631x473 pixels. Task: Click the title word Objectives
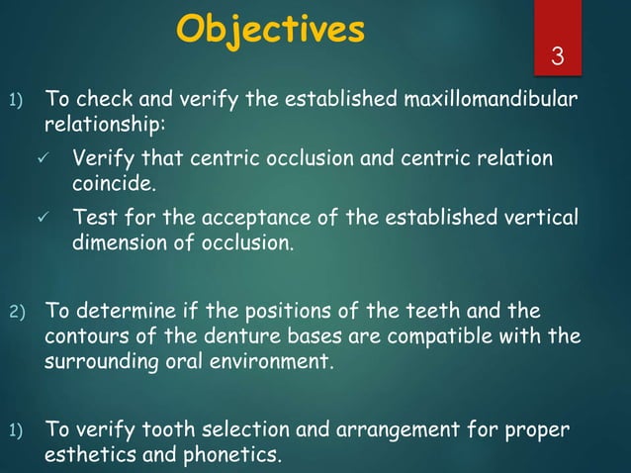pos(270,30)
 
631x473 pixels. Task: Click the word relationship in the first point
pos(105,127)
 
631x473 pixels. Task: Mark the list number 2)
pos(16,314)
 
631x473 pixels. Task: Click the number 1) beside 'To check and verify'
pos(16,101)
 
